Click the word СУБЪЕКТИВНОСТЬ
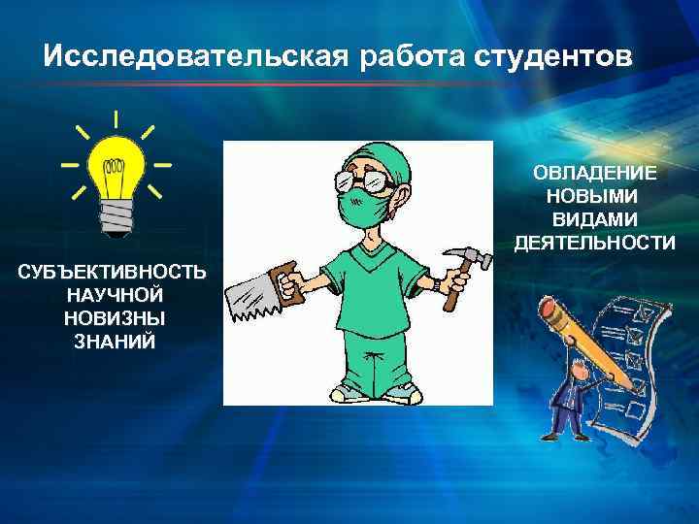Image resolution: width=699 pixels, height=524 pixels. (113, 272)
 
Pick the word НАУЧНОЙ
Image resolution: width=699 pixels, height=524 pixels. (113, 295)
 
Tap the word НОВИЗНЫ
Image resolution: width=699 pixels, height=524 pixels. (113, 318)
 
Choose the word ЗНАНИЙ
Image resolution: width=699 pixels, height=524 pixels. (113, 342)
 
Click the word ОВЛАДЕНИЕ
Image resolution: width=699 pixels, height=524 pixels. (594, 173)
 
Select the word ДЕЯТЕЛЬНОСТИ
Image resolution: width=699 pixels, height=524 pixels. (594, 243)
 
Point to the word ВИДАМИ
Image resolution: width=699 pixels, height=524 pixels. (594, 219)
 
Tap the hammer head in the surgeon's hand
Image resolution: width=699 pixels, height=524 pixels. (457, 258)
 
